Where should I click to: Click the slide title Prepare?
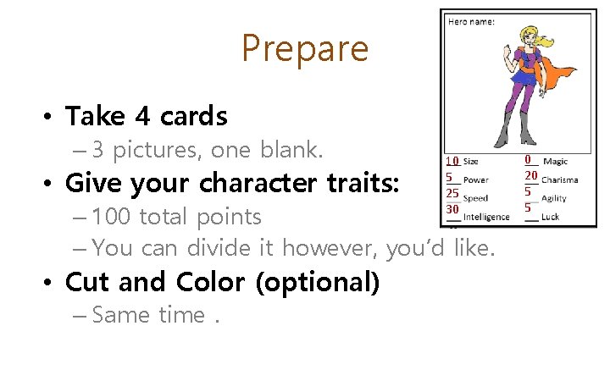(305, 48)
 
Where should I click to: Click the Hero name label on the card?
(471, 21)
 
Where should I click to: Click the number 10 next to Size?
(452, 161)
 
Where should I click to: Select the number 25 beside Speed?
(452, 194)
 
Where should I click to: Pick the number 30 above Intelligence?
(452, 209)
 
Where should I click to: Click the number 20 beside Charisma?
(531, 175)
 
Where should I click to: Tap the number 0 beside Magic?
(528, 159)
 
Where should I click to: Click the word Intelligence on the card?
(486, 217)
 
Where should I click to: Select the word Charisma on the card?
(559, 179)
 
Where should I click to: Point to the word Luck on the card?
(551, 217)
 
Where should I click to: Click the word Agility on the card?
(554, 198)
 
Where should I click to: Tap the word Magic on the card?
(555, 161)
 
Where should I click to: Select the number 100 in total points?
(111, 217)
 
